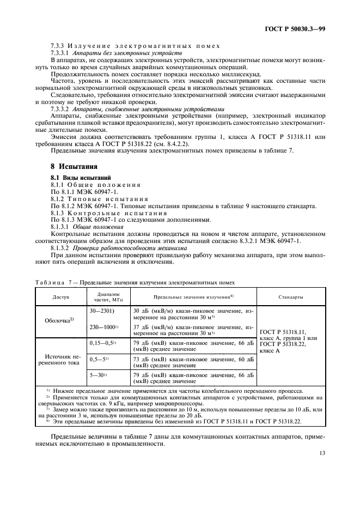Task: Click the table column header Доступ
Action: pos(60,297)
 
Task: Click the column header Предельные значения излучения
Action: pos(193,297)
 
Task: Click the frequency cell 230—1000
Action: pos(103,327)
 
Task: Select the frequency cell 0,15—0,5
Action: pos(102,343)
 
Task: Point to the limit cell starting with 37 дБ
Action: pos(193,330)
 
